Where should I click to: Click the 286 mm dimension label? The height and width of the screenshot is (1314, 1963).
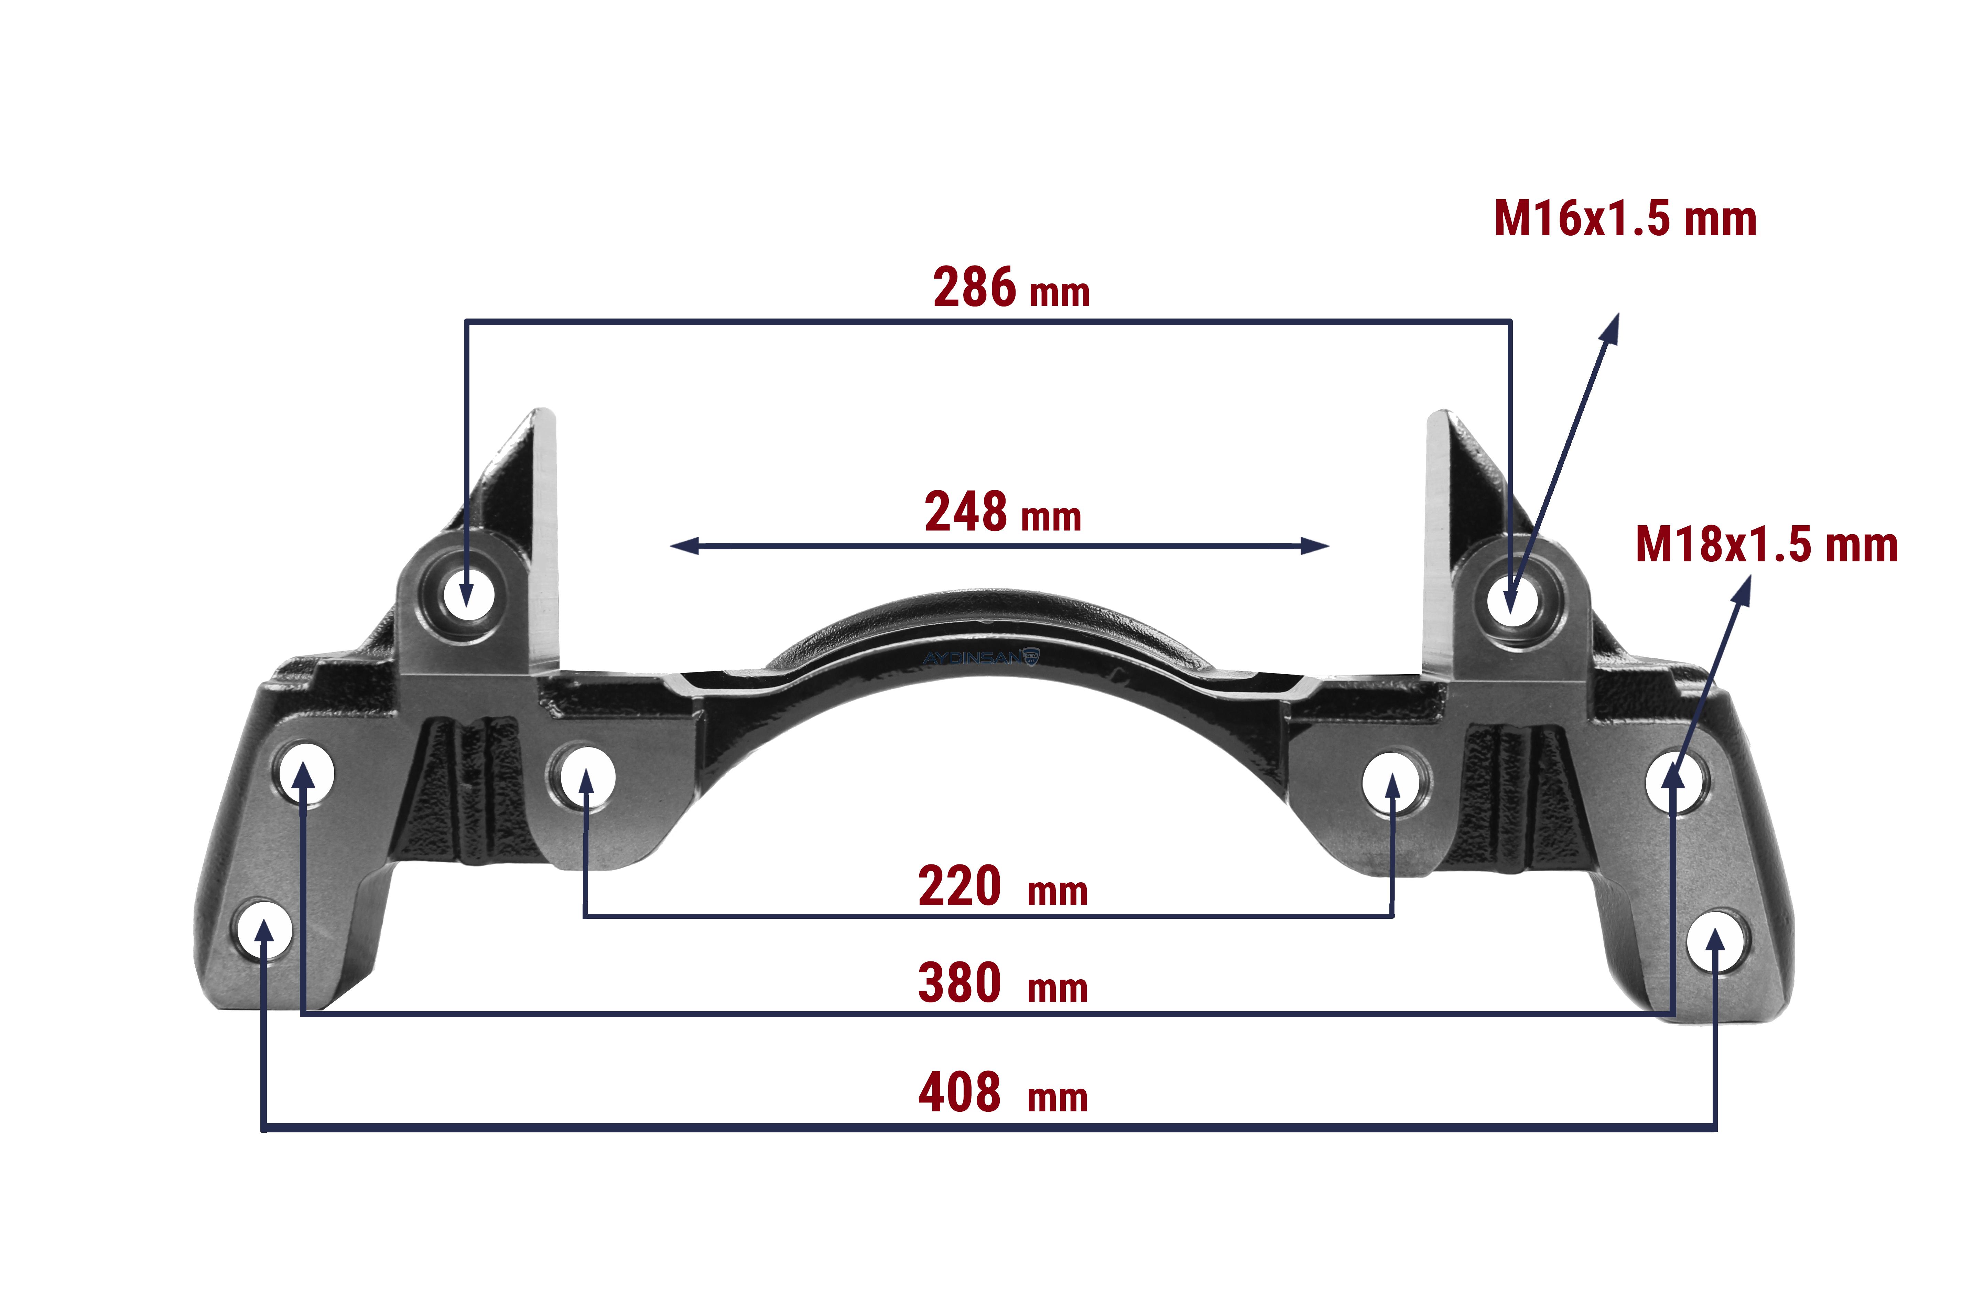(1011, 288)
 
